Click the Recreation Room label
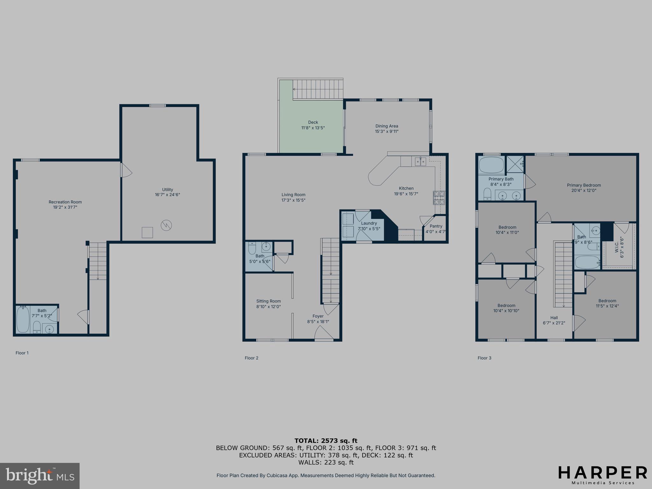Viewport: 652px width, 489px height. (65, 204)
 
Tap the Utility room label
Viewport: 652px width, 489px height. (167, 192)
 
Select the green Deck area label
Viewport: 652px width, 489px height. (313, 125)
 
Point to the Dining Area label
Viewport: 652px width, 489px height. (386, 129)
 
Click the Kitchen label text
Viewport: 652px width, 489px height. (406, 188)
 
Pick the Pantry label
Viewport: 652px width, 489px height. (436, 226)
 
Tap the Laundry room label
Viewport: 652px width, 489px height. (369, 223)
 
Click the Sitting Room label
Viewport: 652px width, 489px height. (268, 301)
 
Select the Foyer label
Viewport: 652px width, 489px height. (318, 316)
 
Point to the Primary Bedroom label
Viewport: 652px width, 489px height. (584, 185)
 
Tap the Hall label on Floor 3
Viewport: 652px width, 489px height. (554, 318)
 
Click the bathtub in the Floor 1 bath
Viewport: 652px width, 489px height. (23, 319)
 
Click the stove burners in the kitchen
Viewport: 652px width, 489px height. (439, 198)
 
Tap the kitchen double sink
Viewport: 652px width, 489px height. (420, 161)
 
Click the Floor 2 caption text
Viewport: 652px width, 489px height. (252, 358)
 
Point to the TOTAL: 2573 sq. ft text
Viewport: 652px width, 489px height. (326, 441)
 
